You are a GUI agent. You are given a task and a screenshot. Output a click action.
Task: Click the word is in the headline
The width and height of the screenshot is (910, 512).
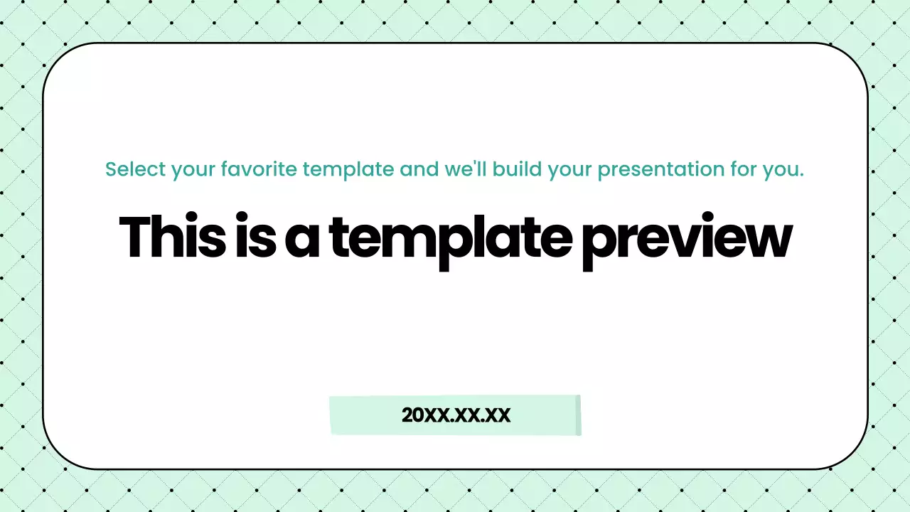(255, 238)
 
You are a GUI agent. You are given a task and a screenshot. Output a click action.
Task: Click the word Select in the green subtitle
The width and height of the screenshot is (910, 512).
(135, 170)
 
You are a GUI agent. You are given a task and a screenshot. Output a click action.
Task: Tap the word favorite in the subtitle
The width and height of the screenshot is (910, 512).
(260, 170)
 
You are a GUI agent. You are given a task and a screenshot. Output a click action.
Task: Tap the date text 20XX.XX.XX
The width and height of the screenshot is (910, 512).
(456, 415)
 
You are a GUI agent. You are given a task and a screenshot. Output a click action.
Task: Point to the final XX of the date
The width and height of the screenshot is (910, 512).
(497, 415)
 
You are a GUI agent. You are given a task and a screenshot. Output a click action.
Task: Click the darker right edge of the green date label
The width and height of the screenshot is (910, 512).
(578, 415)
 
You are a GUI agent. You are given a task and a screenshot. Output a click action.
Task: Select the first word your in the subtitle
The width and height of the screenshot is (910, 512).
(193, 171)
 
